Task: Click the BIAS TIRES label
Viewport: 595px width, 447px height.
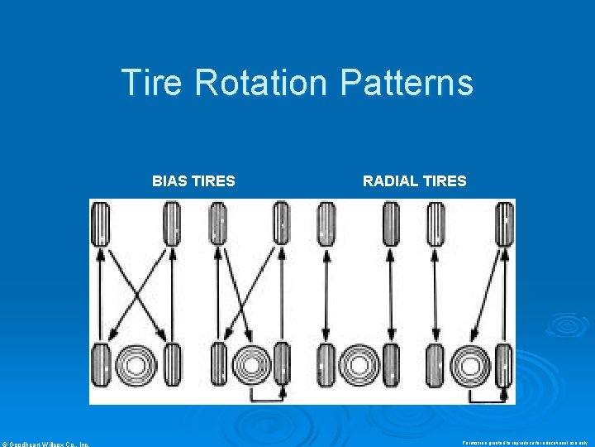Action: coord(193,180)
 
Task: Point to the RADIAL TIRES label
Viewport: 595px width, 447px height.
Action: coord(414,180)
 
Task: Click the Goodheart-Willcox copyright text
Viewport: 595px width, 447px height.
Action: coord(45,443)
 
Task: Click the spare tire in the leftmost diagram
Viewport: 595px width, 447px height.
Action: coord(136,365)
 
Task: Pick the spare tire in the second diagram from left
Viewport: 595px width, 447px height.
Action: coord(249,365)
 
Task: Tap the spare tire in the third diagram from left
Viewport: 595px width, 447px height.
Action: coord(358,365)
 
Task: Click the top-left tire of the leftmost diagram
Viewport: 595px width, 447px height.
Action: coord(101,223)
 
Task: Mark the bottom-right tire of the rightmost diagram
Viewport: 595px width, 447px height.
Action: coord(505,365)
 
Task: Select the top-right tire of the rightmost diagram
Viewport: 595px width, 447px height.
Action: coord(505,223)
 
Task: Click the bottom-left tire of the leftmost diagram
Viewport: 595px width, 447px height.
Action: coord(101,365)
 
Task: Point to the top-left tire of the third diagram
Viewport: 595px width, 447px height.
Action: coord(326,223)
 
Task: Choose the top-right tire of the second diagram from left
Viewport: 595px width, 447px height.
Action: coord(281,223)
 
